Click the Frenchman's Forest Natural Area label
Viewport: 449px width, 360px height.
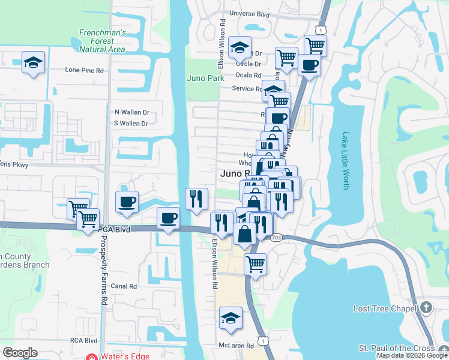click(102, 41)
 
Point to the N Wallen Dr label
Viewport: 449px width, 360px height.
click(131, 112)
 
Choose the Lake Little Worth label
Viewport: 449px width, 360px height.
click(345, 161)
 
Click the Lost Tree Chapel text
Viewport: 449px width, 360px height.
click(384, 308)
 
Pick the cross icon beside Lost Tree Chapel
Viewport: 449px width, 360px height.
click(426, 308)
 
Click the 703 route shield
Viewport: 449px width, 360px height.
click(276, 238)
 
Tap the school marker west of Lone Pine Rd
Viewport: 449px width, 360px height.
click(34, 61)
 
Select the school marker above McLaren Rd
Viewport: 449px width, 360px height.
click(231, 318)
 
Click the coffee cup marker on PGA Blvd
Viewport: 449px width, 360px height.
click(169, 217)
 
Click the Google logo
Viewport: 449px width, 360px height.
click(20, 353)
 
